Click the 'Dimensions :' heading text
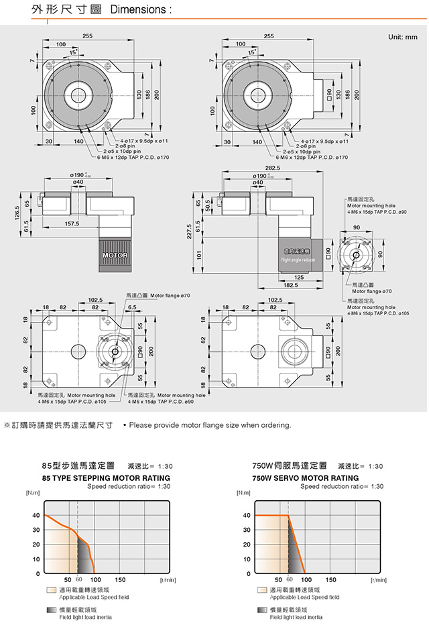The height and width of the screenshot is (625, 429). click(x=141, y=11)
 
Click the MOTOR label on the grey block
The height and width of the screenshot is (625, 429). click(x=115, y=256)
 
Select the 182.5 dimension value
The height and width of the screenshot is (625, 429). click(x=290, y=284)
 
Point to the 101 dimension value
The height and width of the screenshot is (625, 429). click(x=198, y=255)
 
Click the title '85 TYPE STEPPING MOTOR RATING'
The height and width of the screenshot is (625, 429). click(x=106, y=477)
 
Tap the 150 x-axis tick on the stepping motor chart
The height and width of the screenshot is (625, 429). click(x=120, y=579)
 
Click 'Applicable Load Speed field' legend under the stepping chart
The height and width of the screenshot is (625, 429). click(x=94, y=597)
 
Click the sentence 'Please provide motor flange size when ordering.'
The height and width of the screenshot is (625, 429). click(x=210, y=425)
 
